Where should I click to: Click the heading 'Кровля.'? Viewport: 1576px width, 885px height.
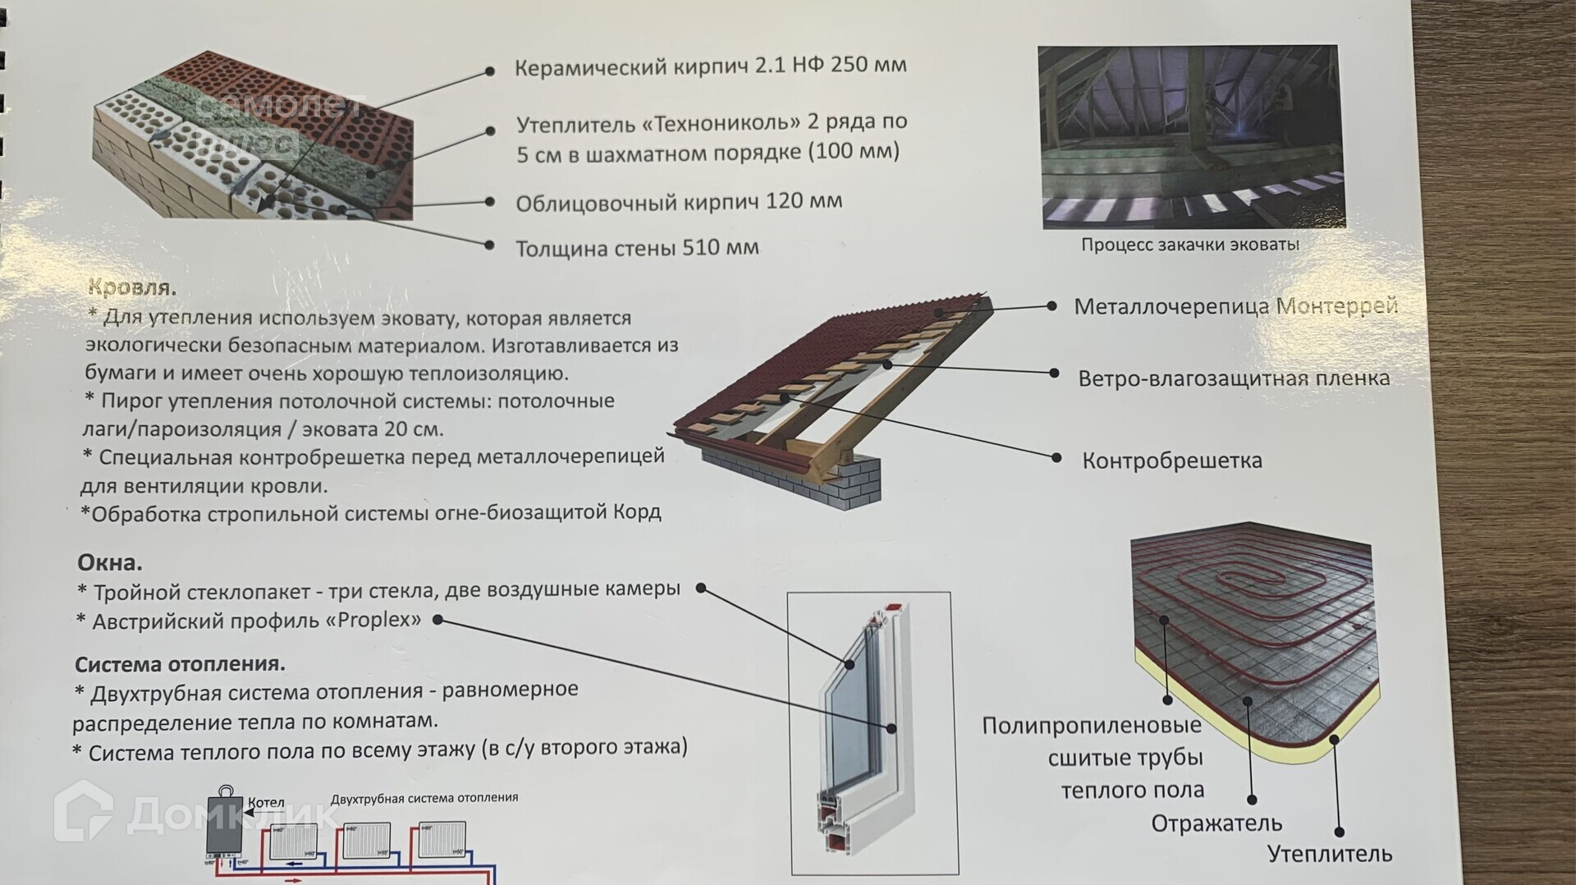[131, 288]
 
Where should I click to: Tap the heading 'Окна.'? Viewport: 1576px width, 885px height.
[110, 563]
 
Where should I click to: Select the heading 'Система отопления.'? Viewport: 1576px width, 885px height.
[180, 664]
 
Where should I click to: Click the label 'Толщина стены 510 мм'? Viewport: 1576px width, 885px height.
[637, 248]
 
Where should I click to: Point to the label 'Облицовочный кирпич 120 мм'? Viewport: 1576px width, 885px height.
[679, 202]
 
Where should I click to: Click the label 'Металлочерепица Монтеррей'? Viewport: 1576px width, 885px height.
[1235, 307]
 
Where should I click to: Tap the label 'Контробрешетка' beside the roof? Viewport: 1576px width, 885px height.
[1171, 461]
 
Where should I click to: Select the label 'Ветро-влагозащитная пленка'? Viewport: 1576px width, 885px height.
[1234, 378]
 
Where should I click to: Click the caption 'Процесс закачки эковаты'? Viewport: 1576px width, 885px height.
[1189, 245]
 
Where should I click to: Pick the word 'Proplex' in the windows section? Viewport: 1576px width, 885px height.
[373, 620]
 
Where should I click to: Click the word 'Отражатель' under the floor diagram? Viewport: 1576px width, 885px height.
[1216, 823]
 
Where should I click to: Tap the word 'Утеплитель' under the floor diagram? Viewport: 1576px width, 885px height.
[1329, 854]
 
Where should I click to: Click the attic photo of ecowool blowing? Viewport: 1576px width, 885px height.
[1190, 136]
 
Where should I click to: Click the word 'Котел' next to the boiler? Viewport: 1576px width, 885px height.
[266, 803]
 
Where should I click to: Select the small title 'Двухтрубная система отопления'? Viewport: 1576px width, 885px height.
[424, 798]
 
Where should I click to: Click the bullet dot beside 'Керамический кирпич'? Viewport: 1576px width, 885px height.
[490, 71]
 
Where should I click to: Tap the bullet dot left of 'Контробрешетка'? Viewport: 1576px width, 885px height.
[1057, 458]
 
